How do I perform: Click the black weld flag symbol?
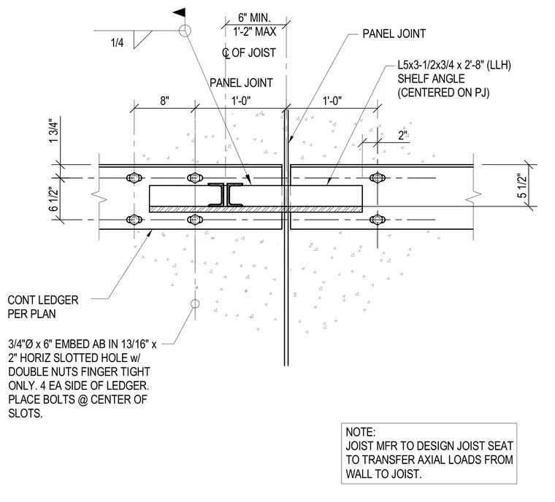180,12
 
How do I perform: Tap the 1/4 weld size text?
117,43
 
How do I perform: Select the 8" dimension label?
164,101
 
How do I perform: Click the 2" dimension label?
403,135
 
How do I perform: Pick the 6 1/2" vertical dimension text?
53,198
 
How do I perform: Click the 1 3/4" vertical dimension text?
53,131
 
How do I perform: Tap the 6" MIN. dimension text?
254,18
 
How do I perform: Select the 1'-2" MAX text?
254,31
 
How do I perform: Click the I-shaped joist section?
226,195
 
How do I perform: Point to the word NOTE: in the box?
360,432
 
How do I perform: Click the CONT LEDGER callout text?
43,300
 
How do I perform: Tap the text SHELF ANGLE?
431,79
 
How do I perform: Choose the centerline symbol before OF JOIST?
226,53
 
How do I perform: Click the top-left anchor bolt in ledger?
134,177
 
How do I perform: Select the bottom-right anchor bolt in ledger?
378,220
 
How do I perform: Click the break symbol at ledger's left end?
99,198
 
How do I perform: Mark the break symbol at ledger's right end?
474,198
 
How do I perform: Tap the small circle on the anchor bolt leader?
195,304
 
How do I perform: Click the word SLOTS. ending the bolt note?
25,413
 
